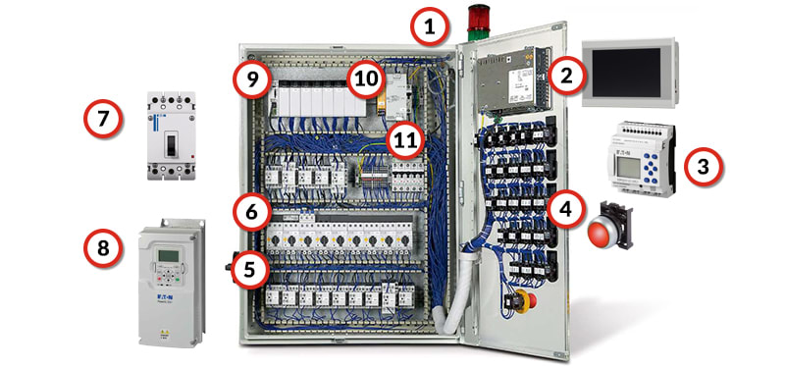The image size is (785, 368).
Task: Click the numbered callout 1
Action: (429, 27)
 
